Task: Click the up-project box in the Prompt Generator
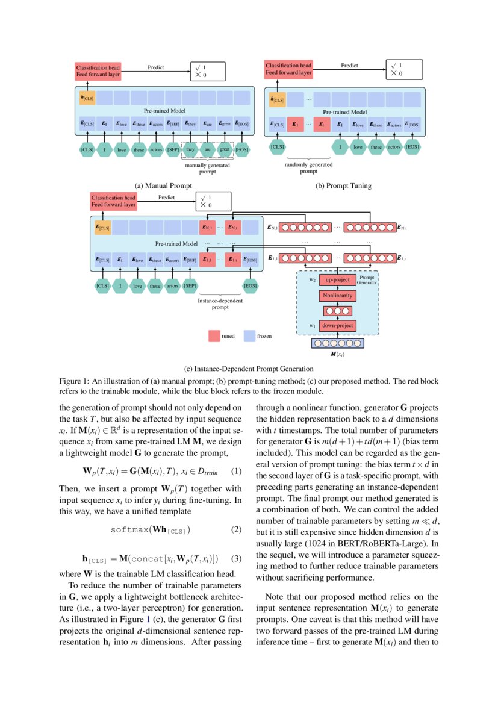click(x=338, y=281)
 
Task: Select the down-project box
click(x=338, y=326)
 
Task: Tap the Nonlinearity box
click(x=338, y=296)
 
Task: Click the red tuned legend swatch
click(x=214, y=336)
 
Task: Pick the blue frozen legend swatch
click(x=249, y=336)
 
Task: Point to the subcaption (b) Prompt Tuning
click(x=343, y=186)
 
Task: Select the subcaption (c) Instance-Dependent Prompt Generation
click(x=248, y=369)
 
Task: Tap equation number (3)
click(x=236, y=558)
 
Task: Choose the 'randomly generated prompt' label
click(x=308, y=167)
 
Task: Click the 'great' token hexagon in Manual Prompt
click(x=225, y=149)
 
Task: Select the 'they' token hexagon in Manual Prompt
click(x=191, y=149)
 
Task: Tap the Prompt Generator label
click(x=367, y=279)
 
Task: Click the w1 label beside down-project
click(x=313, y=325)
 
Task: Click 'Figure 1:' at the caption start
click(x=73, y=381)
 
